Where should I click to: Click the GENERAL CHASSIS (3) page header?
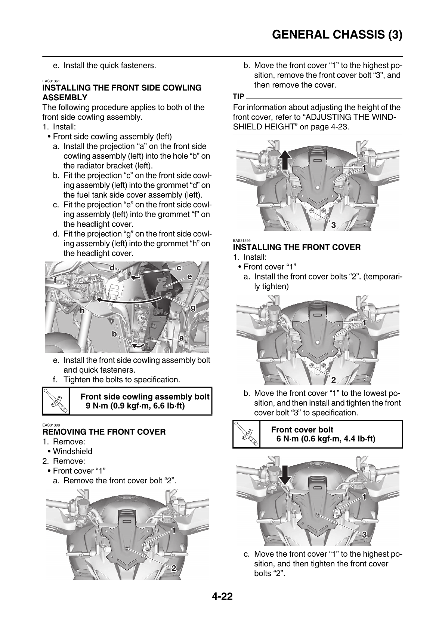click(337, 35)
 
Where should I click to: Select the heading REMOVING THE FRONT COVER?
click(104, 432)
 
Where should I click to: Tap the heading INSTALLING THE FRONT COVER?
click(297, 247)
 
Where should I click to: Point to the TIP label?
click(238, 97)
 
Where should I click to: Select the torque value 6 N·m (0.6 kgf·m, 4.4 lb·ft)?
click(326, 439)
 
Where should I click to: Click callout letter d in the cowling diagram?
click(112, 268)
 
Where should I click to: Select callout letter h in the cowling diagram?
click(81, 310)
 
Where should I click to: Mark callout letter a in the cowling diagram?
click(182, 337)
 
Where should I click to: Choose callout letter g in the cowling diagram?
click(193, 308)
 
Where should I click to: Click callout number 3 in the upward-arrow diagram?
click(333, 224)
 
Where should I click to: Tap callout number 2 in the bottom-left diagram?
click(173, 568)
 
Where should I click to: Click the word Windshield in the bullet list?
click(72, 452)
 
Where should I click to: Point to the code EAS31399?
click(241, 241)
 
